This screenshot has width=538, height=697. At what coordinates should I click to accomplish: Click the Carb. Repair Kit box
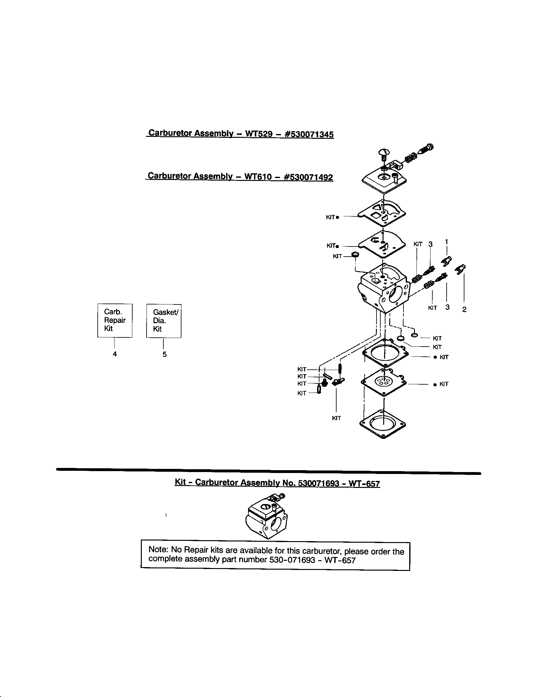(x=115, y=320)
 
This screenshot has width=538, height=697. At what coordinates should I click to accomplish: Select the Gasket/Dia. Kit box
(x=164, y=321)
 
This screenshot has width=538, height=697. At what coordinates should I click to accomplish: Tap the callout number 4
(x=115, y=354)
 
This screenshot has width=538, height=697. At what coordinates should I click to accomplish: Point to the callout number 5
(x=164, y=354)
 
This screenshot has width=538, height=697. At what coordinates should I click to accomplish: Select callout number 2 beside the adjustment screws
(x=464, y=309)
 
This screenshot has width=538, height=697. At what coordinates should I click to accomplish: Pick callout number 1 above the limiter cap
(x=446, y=241)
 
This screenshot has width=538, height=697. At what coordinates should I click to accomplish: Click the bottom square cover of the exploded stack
(x=383, y=424)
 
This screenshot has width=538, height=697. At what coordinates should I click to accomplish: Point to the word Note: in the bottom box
(x=159, y=550)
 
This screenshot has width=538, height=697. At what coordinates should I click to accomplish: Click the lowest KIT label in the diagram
(x=337, y=418)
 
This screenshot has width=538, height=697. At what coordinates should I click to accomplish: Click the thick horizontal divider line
(x=268, y=471)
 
